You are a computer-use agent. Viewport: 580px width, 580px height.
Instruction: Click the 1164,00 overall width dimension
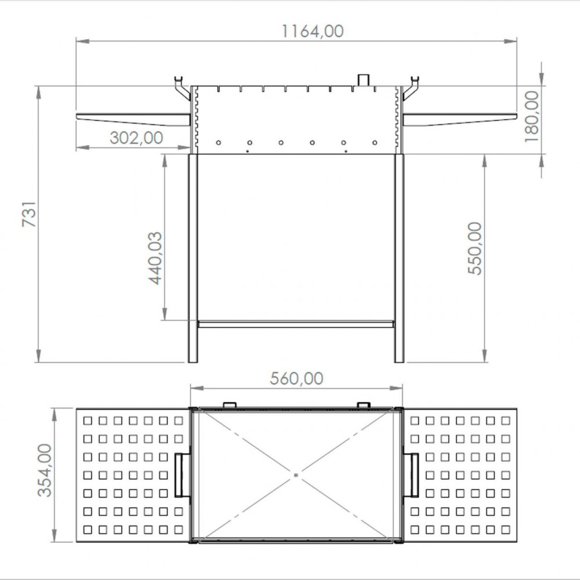pos(313,31)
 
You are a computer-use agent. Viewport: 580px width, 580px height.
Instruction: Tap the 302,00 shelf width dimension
pos(136,138)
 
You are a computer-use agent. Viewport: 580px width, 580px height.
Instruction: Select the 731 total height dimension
pos(29,214)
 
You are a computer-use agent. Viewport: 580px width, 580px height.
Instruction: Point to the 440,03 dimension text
pos(155,258)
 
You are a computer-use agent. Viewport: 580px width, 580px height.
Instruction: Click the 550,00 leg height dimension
pos(475,248)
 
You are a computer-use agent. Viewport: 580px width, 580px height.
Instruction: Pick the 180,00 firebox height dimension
pos(531,117)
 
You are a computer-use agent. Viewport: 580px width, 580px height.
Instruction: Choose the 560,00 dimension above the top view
pos(296,378)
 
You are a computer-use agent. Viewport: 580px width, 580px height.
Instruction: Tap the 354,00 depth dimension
pos(45,470)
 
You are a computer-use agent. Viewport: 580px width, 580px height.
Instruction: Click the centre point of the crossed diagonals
pos(296,475)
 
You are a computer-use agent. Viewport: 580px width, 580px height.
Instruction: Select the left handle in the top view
pos(179,475)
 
